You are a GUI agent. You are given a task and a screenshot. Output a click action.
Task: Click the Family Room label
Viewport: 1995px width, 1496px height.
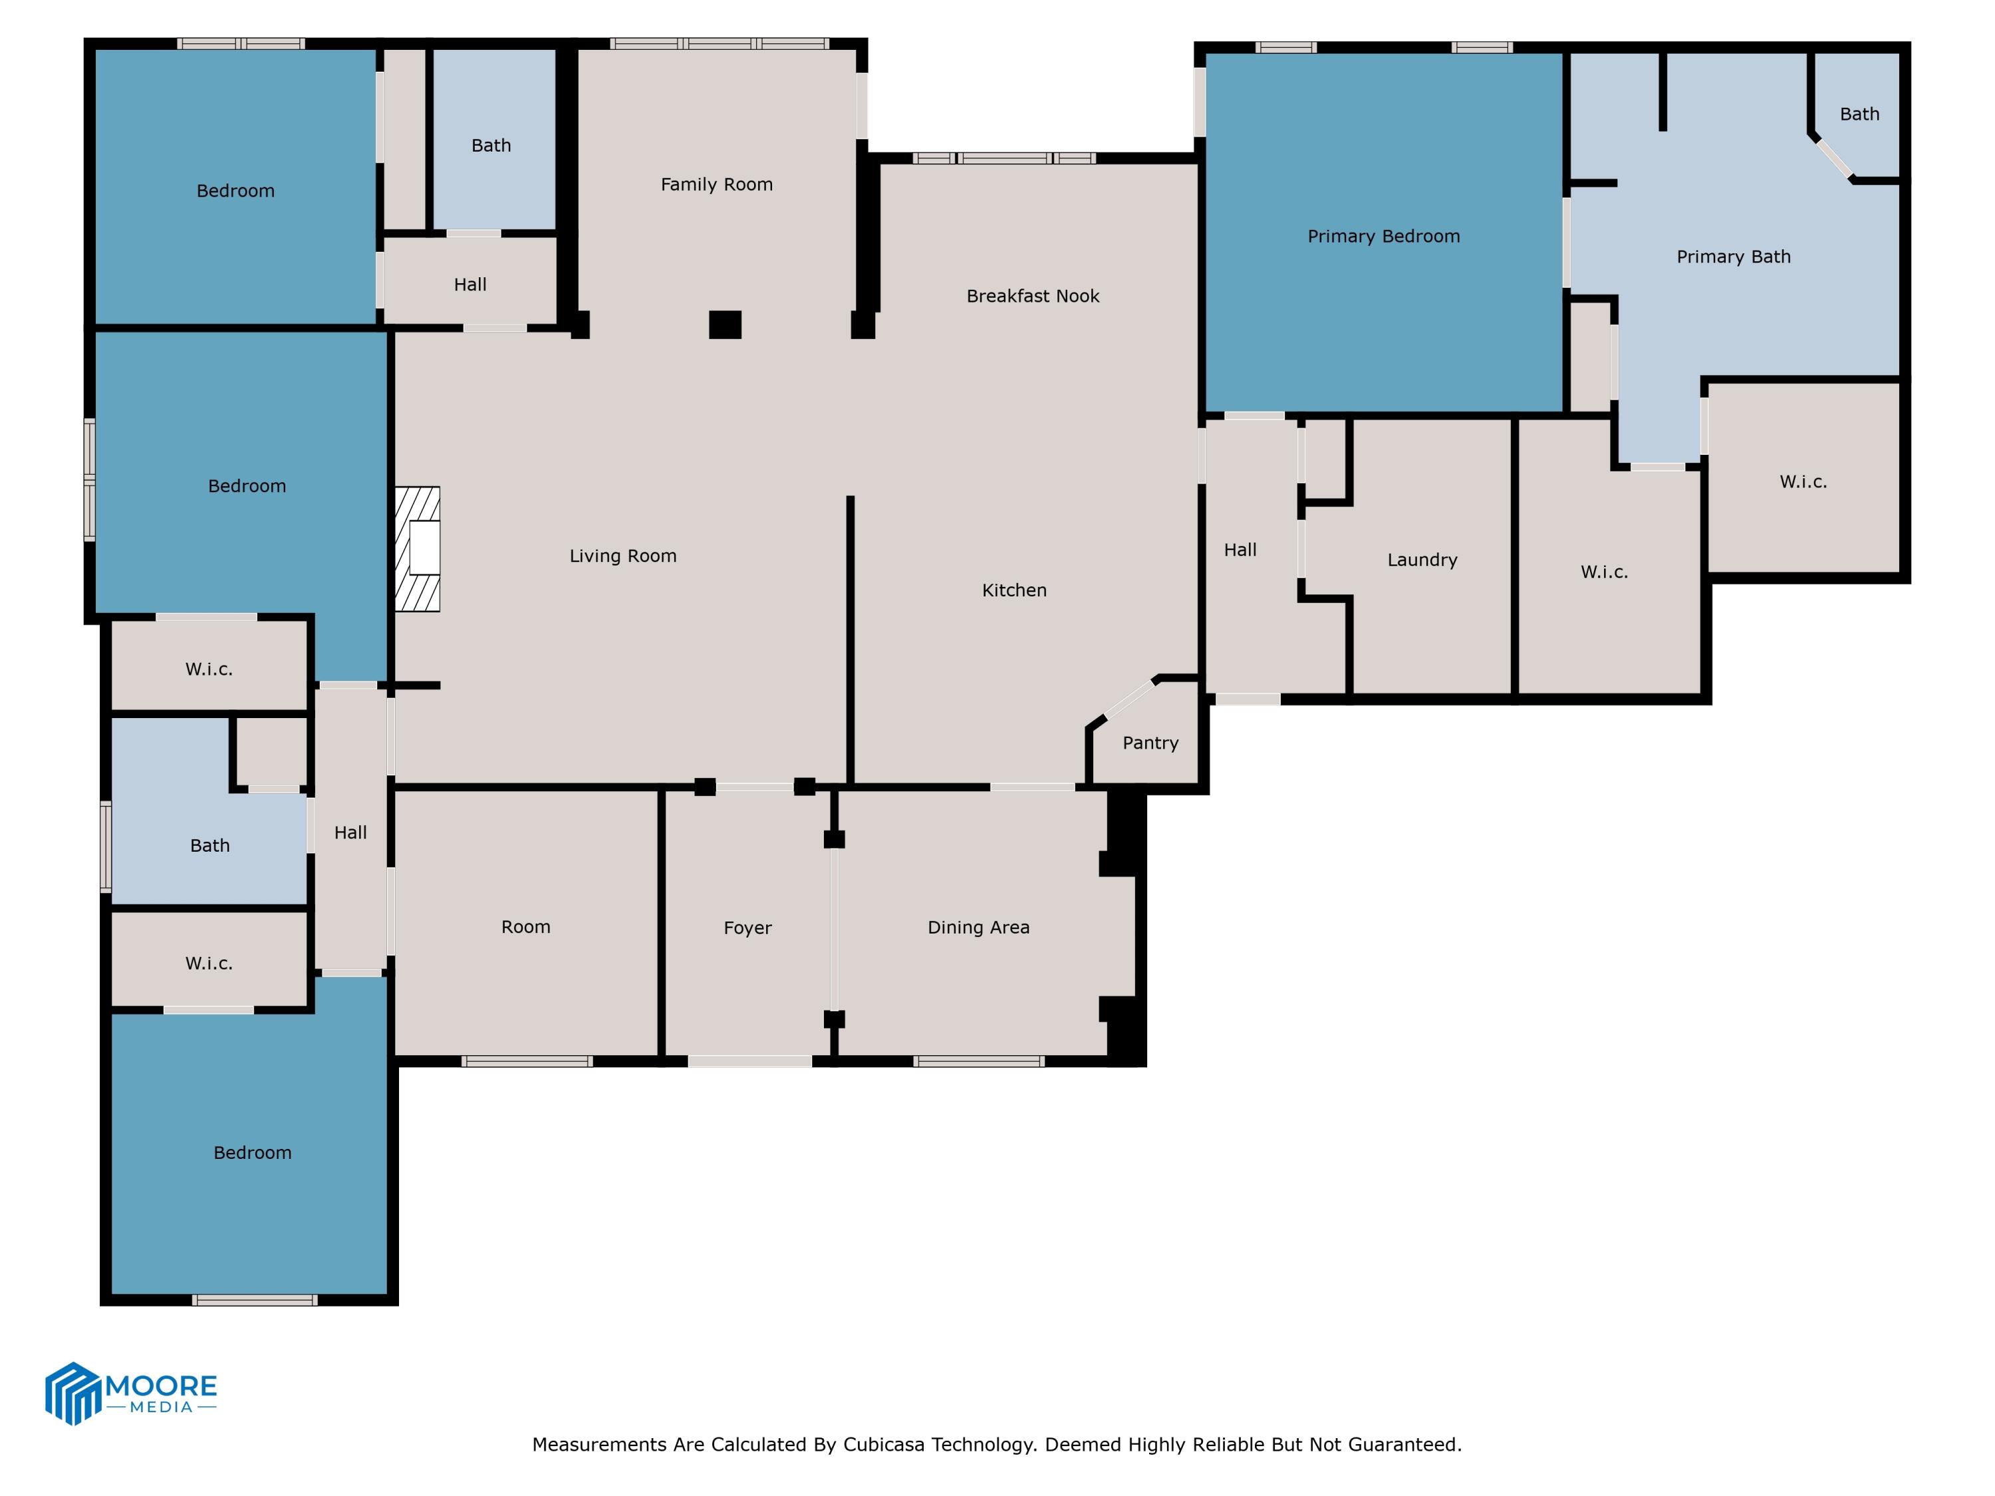[x=716, y=185]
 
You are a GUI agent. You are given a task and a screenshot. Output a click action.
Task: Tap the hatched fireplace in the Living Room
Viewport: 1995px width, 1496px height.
[x=418, y=549]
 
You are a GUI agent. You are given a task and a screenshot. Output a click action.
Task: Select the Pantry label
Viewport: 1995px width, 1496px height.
[x=1150, y=743]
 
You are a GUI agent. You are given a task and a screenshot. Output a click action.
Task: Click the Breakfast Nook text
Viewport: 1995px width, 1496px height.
[x=1033, y=297]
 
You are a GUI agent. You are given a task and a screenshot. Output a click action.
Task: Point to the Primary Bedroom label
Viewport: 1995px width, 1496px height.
[x=1383, y=236]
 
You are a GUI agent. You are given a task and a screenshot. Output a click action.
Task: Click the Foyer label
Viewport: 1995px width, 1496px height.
[x=747, y=928]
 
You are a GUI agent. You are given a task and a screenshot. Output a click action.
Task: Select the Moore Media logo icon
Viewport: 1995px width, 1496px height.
[x=72, y=1393]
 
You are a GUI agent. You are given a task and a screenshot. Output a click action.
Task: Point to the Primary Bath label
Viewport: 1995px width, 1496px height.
[x=1732, y=257]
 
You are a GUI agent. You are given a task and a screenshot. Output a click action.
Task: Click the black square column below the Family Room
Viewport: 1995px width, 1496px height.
[x=724, y=324]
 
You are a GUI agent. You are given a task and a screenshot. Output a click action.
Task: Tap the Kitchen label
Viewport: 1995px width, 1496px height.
[x=1013, y=590]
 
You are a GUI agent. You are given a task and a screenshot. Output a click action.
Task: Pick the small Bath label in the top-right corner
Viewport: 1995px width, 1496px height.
[x=1859, y=114]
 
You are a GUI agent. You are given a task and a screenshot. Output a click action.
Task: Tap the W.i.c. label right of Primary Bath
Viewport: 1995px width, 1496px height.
[x=1802, y=483]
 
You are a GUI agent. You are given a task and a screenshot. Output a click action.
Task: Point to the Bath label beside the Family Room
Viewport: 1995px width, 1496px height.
[x=491, y=146]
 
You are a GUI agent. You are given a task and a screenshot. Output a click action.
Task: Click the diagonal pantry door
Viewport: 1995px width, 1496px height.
[x=1130, y=699]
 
